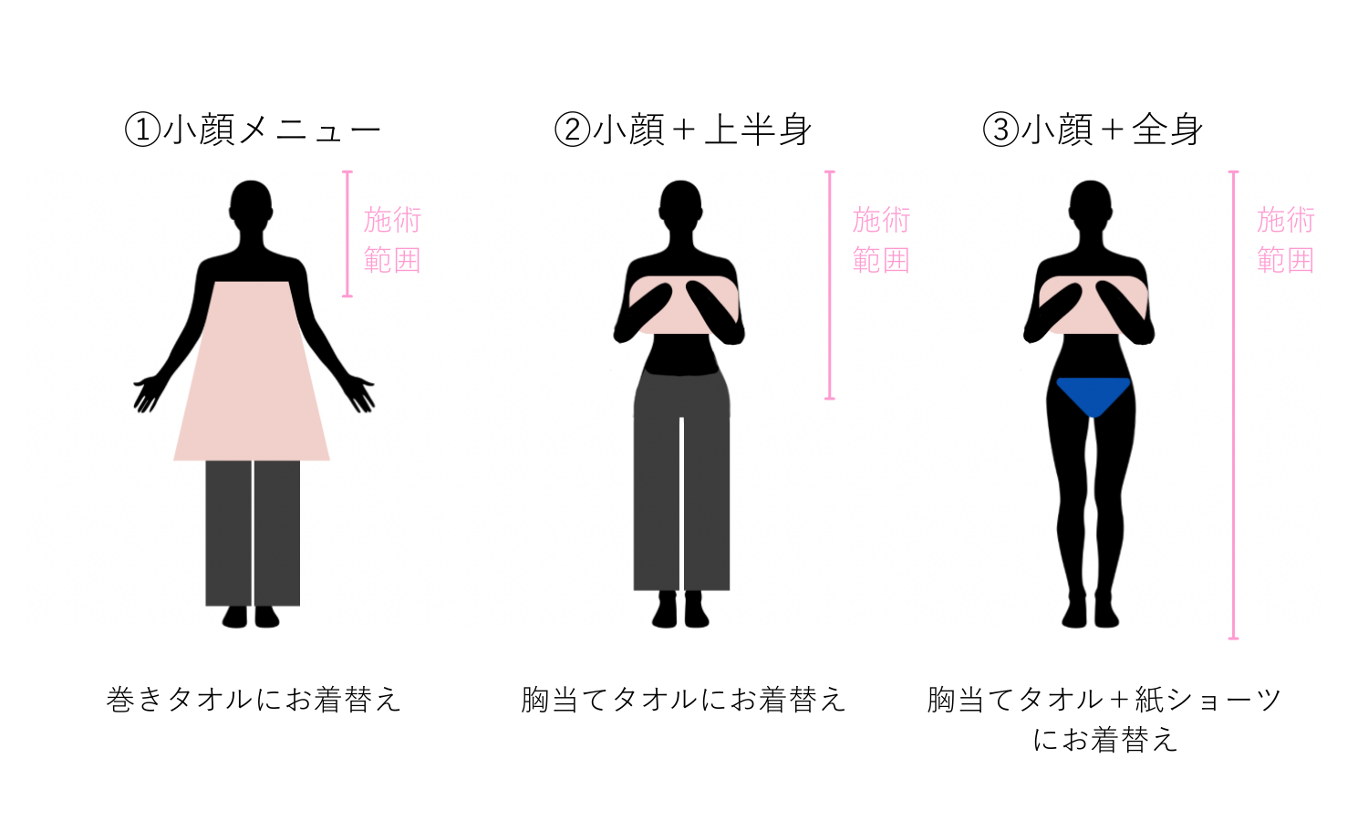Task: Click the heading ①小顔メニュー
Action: click(x=253, y=130)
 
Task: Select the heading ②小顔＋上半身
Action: click(x=683, y=130)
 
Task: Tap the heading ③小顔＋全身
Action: click(x=1093, y=130)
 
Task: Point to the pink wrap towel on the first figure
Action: click(x=252, y=383)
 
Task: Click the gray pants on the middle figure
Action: click(x=681, y=483)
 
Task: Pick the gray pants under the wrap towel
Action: click(x=253, y=534)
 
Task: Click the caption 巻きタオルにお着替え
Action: click(x=254, y=700)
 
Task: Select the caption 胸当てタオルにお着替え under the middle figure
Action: click(x=683, y=700)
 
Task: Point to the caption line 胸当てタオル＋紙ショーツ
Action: click(x=1104, y=700)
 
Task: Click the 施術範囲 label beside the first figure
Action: click(x=392, y=240)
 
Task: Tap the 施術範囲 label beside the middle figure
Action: click(x=881, y=240)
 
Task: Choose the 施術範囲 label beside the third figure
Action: click(x=1285, y=240)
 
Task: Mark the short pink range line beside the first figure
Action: click(x=347, y=234)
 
